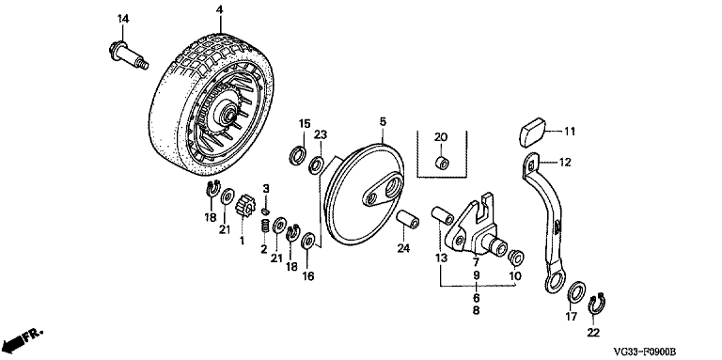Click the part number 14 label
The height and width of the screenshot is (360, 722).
pyautogui.click(x=123, y=19)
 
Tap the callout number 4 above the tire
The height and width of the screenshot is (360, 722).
pyautogui.click(x=220, y=9)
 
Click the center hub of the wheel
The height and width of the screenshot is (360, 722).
pyautogui.click(x=228, y=114)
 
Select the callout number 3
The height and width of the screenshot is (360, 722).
pyautogui.click(x=266, y=188)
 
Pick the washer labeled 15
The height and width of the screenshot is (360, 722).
pyautogui.click(x=298, y=155)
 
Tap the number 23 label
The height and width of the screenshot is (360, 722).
pyautogui.click(x=321, y=135)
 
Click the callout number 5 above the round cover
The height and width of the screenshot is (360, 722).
pyautogui.click(x=384, y=122)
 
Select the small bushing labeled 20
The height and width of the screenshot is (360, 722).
pyautogui.click(x=443, y=163)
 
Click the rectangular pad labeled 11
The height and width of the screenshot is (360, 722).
pyautogui.click(x=533, y=133)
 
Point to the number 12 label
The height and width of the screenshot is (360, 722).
pyautogui.click(x=565, y=162)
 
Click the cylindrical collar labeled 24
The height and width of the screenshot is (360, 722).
pyautogui.click(x=408, y=220)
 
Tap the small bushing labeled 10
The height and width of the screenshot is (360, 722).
pyautogui.click(x=516, y=258)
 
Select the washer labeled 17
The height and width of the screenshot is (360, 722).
pyautogui.click(x=575, y=292)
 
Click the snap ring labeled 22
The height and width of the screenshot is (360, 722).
pyautogui.click(x=597, y=305)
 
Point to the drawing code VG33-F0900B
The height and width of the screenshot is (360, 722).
pyautogui.click(x=645, y=352)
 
